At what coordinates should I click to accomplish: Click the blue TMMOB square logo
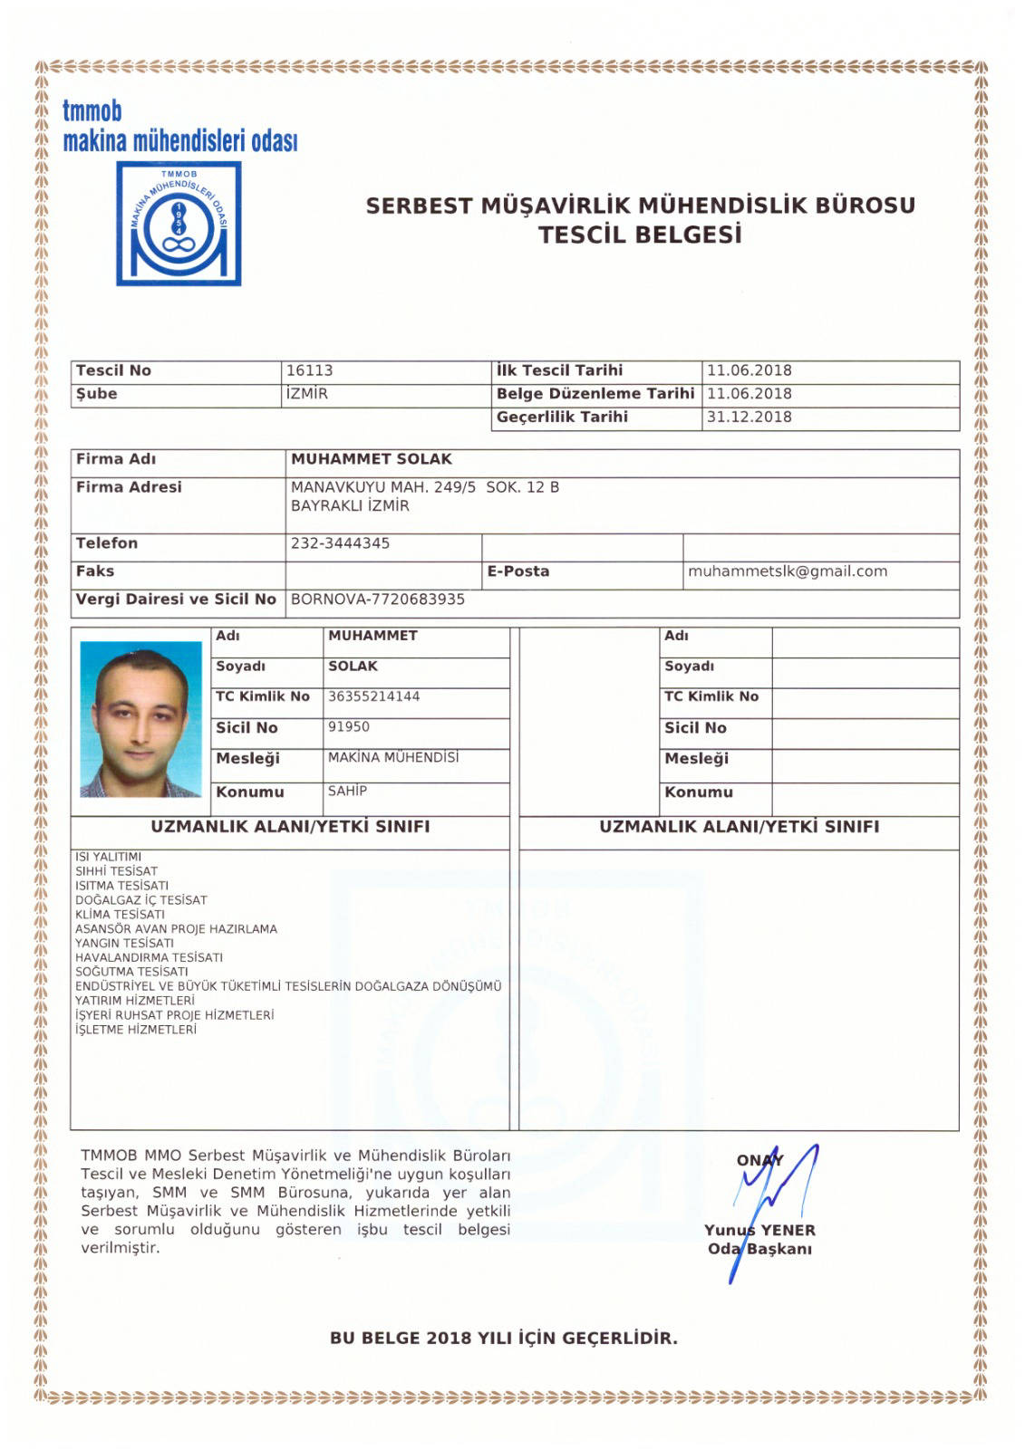click(179, 224)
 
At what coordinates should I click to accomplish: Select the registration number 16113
click(309, 370)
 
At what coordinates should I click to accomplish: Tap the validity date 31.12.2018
click(749, 417)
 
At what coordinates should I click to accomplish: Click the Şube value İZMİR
click(306, 394)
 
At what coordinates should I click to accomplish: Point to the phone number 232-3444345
click(340, 543)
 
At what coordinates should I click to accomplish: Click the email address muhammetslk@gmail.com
click(788, 571)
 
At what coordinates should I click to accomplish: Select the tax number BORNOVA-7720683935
click(378, 600)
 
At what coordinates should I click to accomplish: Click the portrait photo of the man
click(140, 719)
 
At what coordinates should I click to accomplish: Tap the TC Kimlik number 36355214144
click(373, 696)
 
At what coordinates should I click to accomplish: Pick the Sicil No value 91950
click(349, 727)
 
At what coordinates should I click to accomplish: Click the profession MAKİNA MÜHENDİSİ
click(393, 757)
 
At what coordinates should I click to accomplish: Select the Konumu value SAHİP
click(347, 791)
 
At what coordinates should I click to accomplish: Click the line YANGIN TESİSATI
click(124, 943)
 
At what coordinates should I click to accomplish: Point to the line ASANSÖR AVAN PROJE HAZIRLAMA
click(176, 928)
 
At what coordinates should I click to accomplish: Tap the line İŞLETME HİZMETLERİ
click(135, 1030)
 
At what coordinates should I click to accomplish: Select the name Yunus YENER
click(759, 1231)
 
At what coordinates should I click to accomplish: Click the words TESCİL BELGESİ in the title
click(640, 235)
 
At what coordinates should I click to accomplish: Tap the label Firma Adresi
click(129, 487)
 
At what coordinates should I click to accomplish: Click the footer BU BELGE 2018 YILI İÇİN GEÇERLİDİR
click(503, 1338)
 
